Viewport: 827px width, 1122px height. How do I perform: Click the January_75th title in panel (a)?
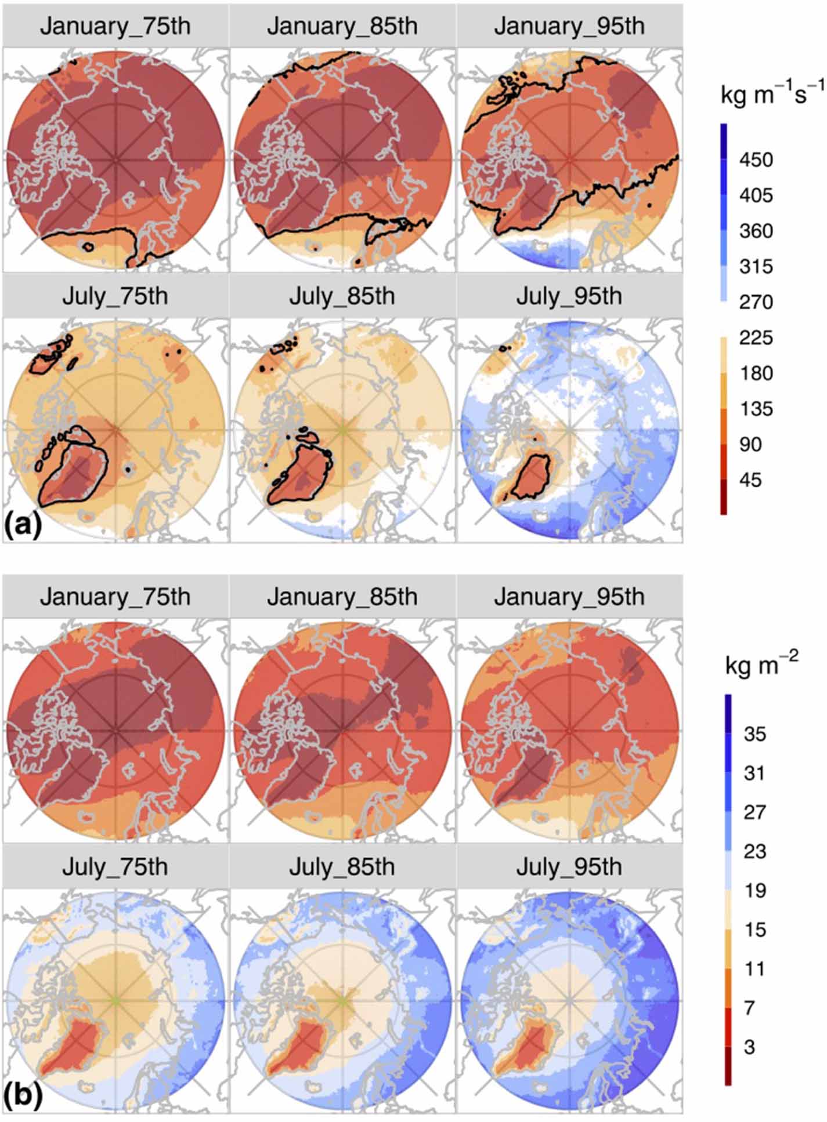point(115,27)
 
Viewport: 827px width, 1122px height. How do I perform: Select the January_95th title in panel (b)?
point(569,597)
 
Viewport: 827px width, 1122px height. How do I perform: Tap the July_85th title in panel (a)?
point(342,296)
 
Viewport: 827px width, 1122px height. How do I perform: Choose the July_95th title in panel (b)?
point(569,867)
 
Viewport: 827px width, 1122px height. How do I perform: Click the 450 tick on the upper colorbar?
point(756,159)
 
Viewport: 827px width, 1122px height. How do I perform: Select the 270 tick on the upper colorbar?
point(756,302)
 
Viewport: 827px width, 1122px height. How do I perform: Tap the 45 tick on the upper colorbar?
point(750,480)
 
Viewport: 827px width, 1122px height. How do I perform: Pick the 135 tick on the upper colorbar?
point(756,409)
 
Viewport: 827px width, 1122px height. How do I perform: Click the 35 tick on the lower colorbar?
point(754,734)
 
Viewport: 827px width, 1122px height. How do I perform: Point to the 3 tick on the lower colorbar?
point(749,1047)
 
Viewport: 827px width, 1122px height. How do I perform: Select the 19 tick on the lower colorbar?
point(754,890)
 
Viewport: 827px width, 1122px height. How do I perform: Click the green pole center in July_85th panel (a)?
point(342,430)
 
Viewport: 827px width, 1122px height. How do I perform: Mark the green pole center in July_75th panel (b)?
point(115,1000)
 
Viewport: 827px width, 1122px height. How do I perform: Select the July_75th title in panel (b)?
point(115,867)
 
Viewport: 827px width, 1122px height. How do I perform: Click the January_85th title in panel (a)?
point(342,27)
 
